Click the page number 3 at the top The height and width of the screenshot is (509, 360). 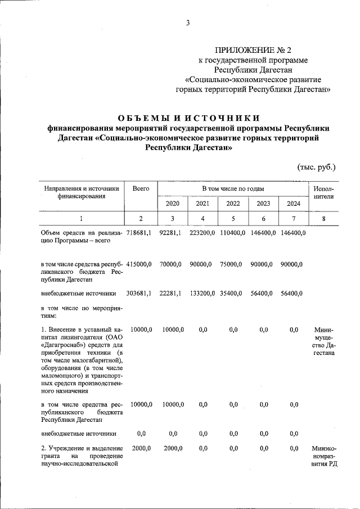[188, 23]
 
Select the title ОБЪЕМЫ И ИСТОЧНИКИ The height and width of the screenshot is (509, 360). [188, 118]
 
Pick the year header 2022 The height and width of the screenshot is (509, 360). [233, 204]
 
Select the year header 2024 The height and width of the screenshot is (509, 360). [294, 204]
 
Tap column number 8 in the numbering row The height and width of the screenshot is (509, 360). [324, 218]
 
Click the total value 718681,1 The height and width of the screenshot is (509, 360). [141, 233]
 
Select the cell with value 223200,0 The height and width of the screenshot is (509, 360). [202, 233]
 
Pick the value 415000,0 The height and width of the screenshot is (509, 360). [141, 264]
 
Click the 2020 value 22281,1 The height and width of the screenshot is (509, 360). [172, 293]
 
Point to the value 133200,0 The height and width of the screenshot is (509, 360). [202, 293]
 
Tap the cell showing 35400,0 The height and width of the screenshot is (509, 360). [233, 293]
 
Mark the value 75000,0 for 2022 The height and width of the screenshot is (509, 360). [233, 264]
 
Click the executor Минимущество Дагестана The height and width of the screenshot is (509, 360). [324, 341]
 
